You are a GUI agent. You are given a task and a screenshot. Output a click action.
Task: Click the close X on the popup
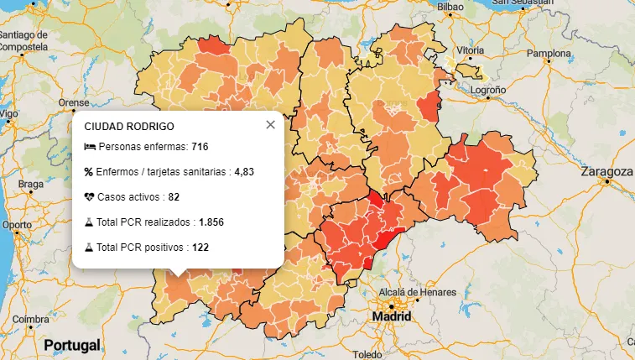pyautogui.click(x=270, y=125)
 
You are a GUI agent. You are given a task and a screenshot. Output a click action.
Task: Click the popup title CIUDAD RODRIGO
pyautogui.click(x=129, y=127)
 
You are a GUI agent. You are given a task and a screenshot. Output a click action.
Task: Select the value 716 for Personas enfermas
pyautogui.click(x=200, y=147)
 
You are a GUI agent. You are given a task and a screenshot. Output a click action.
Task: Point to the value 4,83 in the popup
pyautogui.click(x=244, y=172)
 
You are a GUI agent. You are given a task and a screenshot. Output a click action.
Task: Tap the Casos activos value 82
pyautogui.click(x=174, y=197)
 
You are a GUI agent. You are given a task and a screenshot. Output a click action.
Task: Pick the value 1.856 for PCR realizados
pyautogui.click(x=211, y=222)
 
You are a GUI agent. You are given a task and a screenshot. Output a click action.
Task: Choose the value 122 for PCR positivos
pyautogui.click(x=200, y=248)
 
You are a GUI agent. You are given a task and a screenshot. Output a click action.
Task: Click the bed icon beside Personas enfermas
pyautogui.click(x=90, y=147)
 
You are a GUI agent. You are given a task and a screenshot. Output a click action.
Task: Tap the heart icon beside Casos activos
pyautogui.click(x=90, y=197)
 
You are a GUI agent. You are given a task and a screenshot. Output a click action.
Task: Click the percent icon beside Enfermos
pyautogui.click(x=89, y=172)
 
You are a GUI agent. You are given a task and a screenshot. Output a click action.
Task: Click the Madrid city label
pyautogui.click(x=393, y=317)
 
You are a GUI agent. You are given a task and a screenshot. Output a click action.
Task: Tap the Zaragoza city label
pyautogui.click(x=606, y=171)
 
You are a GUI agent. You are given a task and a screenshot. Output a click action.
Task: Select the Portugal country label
pyautogui.click(x=72, y=345)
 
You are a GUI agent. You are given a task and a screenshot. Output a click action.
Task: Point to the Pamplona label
pyautogui.click(x=548, y=53)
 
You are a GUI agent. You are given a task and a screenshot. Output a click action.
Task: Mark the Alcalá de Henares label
pyautogui.click(x=417, y=292)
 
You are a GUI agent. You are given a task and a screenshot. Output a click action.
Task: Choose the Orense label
pyautogui.click(x=73, y=103)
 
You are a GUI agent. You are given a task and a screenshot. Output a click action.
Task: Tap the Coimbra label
pyautogui.click(x=30, y=320)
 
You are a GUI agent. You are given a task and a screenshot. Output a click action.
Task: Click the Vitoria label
pyautogui.click(x=470, y=50)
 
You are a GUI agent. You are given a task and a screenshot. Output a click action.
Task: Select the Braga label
pyautogui.click(x=30, y=184)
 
